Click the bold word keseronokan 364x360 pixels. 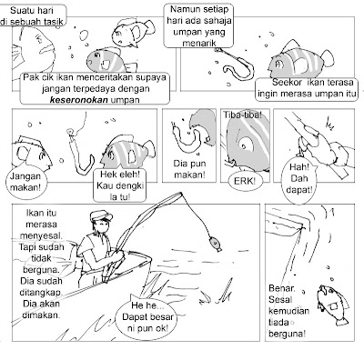tap(78, 100)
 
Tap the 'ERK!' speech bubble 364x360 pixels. tap(245, 181)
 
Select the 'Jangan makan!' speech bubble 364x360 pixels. tap(25, 182)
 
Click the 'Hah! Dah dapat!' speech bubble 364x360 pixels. tap(299, 178)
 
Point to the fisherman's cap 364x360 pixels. tap(101, 215)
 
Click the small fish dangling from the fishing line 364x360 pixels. tap(215, 244)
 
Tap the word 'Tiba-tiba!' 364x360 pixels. tap(243, 115)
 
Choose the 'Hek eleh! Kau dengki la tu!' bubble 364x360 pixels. tap(119, 185)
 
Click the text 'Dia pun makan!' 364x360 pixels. tap(189, 169)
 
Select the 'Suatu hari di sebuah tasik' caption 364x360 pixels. tap(33, 15)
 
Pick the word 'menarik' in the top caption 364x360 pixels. tap(199, 43)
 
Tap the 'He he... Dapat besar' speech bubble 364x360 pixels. tap(148, 316)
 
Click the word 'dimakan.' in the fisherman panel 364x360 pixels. tap(41, 315)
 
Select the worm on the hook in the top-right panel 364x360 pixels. tap(238, 66)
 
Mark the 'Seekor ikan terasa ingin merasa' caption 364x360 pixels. tap(307, 88)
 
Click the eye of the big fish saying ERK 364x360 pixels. tap(247, 145)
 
